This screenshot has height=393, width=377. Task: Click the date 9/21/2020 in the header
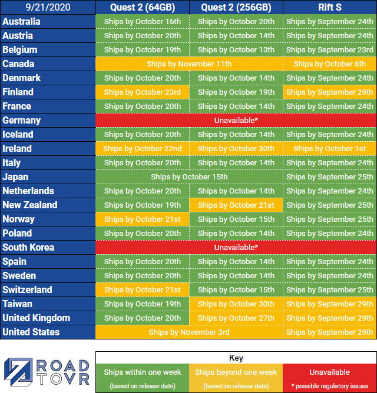click(x=48, y=8)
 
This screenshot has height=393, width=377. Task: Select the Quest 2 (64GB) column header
click(x=142, y=8)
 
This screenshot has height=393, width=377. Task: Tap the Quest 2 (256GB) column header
click(x=236, y=8)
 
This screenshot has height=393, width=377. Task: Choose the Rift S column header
click(x=329, y=8)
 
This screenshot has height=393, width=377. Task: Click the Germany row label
click(x=22, y=121)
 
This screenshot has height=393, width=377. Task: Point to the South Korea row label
click(x=28, y=248)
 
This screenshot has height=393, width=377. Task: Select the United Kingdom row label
click(x=37, y=318)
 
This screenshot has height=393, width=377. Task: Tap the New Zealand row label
click(x=30, y=205)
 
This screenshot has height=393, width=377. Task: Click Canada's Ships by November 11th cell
click(x=189, y=64)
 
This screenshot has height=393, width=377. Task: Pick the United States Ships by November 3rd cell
click(x=189, y=332)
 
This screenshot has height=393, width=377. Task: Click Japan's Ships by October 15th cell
click(x=189, y=177)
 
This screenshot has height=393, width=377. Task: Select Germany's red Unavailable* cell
click(x=236, y=121)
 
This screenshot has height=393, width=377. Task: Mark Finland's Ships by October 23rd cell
click(x=142, y=92)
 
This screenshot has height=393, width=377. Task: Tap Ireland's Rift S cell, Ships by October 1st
click(x=329, y=149)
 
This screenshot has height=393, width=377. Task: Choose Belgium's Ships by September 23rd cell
click(x=329, y=50)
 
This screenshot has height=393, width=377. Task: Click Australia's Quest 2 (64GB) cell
click(x=142, y=22)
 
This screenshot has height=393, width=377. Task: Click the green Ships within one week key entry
click(x=142, y=378)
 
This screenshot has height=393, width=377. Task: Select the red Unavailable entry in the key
click(x=329, y=378)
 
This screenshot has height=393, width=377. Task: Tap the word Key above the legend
click(x=236, y=358)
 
